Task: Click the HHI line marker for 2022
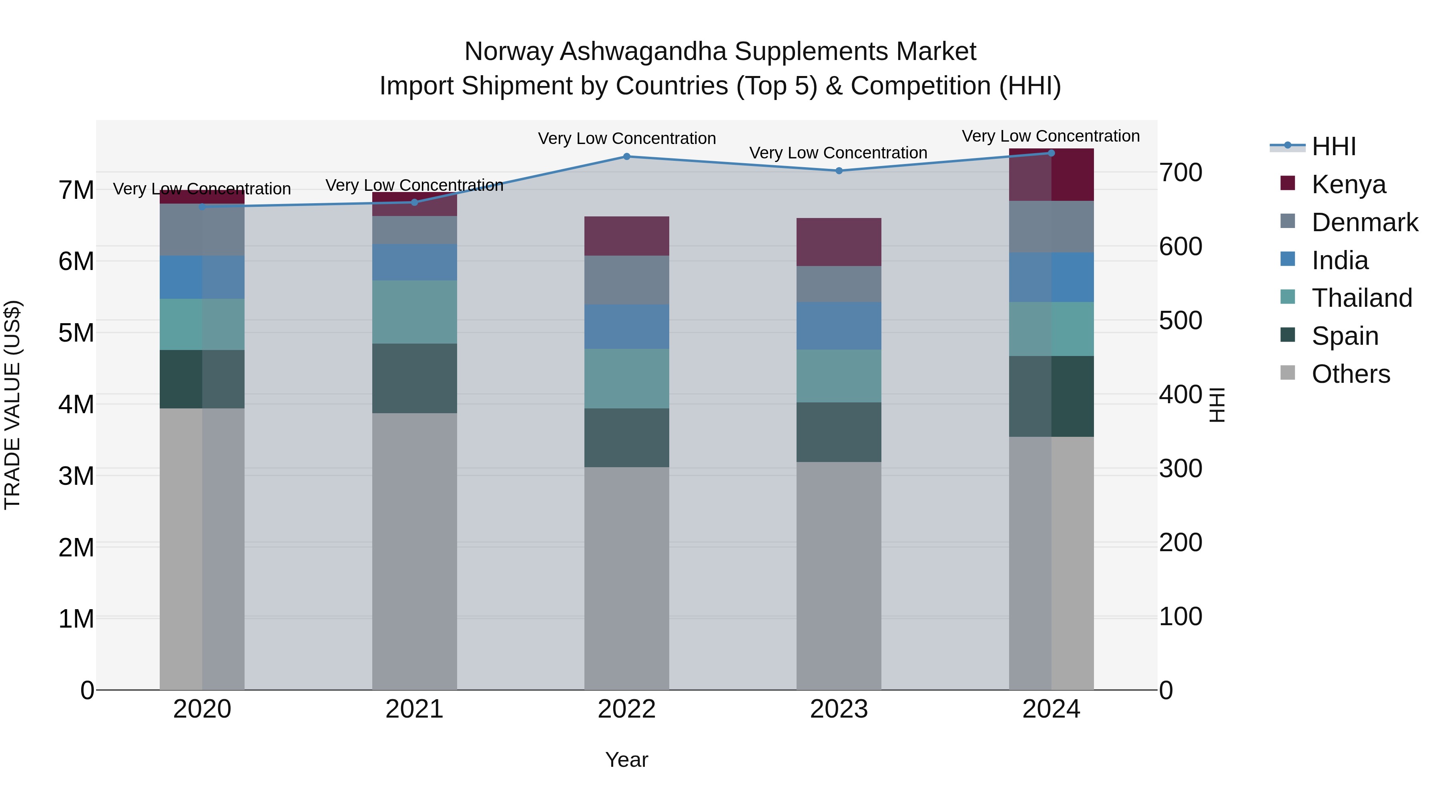(x=626, y=156)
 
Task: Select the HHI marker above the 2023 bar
(x=839, y=170)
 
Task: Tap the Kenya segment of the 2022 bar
(x=626, y=236)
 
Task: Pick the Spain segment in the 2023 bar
(x=839, y=432)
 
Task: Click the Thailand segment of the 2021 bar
(x=415, y=312)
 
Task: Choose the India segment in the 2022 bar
(x=626, y=326)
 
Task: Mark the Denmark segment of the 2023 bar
(x=839, y=284)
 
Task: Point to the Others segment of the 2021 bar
(x=415, y=551)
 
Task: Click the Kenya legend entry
(x=1348, y=184)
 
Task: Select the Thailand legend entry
(x=1362, y=298)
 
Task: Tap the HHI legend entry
(x=1334, y=146)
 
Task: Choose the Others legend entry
(x=1351, y=374)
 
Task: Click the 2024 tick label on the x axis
(x=1051, y=709)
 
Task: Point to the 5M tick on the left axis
(x=76, y=333)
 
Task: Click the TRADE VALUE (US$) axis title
(x=12, y=405)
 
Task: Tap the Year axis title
(x=626, y=760)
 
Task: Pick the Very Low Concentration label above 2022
(x=626, y=139)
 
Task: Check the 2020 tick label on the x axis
(x=202, y=709)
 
